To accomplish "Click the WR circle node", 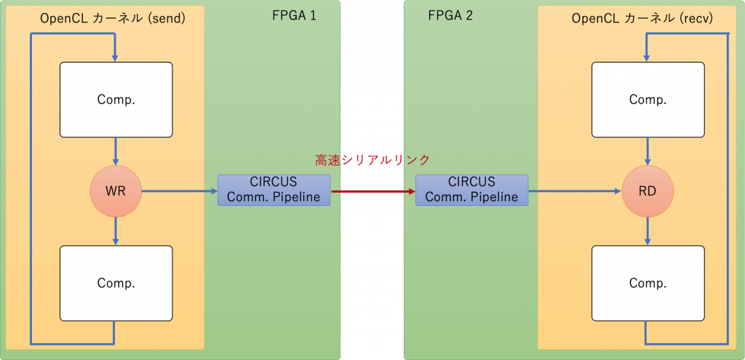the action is point(116,191).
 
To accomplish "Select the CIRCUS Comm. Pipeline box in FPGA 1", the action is point(274,190).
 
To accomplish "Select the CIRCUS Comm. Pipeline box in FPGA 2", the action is point(471,190).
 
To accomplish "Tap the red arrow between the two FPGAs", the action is point(373,191).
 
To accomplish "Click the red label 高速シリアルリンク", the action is point(372,160).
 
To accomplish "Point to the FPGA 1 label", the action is point(294,16).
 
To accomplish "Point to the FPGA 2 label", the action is point(450,16).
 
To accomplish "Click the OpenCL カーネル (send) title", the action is point(113,18).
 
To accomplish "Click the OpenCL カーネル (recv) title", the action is point(645,18).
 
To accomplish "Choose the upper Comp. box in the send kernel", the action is point(116,100).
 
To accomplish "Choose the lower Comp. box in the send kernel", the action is point(116,283).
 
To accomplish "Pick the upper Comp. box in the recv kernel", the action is point(648,100).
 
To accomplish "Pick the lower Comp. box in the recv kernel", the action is point(648,283).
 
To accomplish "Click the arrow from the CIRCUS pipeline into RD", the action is point(575,191).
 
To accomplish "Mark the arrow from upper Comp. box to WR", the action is point(116,151).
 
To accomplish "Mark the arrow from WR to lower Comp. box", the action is point(116,231).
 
